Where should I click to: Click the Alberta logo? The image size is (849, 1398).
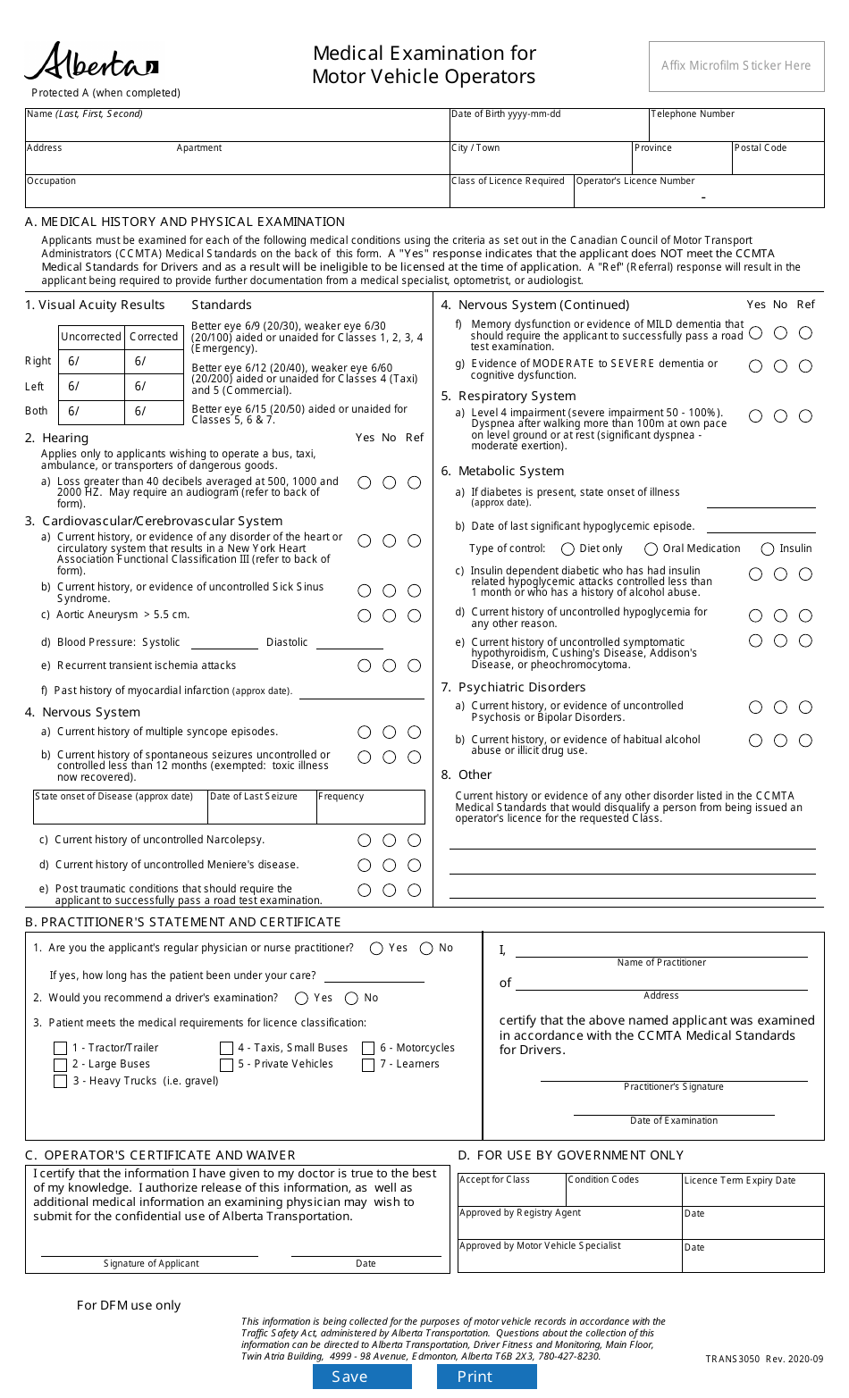(x=91, y=63)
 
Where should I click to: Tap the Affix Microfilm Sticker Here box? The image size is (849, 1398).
(x=736, y=66)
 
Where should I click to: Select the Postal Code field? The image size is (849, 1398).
(x=778, y=163)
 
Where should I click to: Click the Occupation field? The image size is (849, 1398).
(x=237, y=195)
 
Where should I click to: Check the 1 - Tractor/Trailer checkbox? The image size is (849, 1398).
(x=61, y=1049)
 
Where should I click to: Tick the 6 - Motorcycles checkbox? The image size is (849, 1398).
(x=368, y=1049)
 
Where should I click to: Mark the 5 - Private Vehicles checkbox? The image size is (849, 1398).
(x=227, y=1065)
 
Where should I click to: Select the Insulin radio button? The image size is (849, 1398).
(x=768, y=549)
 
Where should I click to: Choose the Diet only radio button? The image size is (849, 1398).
(x=567, y=549)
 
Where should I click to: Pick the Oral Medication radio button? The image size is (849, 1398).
(x=651, y=549)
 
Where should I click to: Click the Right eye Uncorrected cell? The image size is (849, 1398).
(x=91, y=362)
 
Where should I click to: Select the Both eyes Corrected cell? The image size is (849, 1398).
(x=156, y=412)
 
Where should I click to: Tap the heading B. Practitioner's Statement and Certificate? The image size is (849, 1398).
(x=183, y=922)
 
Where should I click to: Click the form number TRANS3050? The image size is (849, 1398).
(x=732, y=1359)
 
